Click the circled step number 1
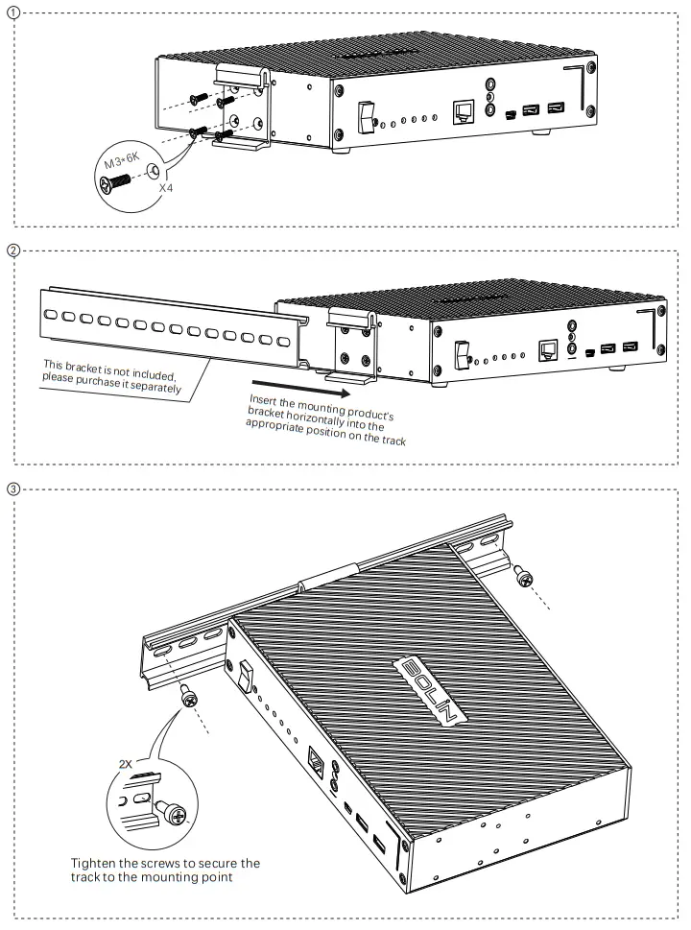(x=12, y=12)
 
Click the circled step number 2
(x=12, y=252)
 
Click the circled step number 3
(x=12, y=488)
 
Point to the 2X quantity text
(x=125, y=765)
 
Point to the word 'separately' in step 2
(x=149, y=388)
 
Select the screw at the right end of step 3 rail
(x=524, y=575)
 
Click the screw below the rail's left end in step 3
(x=188, y=697)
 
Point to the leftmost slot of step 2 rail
(x=50, y=314)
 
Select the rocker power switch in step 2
(x=462, y=353)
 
